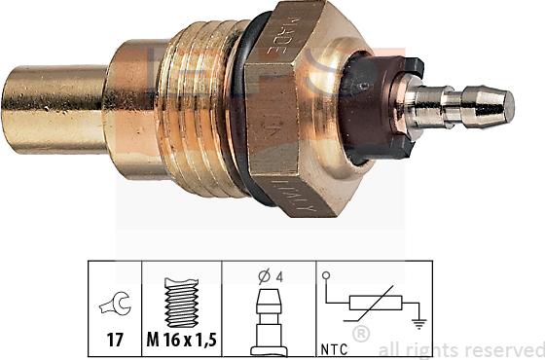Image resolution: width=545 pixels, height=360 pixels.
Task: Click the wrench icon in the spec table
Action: tap(115, 306)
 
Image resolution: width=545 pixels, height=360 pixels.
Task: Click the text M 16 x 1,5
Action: tap(182, 342)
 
